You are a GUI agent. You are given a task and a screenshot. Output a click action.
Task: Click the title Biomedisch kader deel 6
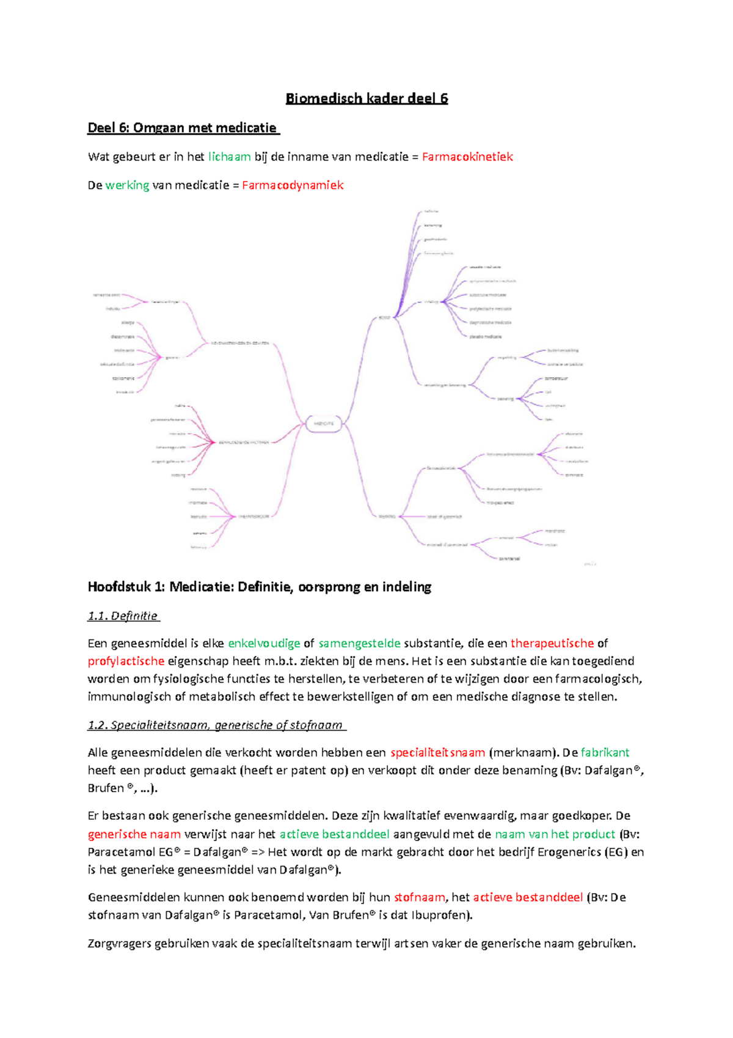click(366, 98)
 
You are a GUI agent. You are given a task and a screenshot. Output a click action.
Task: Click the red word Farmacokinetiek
click(467, 157)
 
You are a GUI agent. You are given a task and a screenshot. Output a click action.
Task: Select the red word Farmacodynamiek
click(293, 185)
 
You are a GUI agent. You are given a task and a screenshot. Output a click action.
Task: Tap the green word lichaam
click(229, 157)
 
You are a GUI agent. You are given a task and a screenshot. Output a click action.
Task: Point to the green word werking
click(127, 185)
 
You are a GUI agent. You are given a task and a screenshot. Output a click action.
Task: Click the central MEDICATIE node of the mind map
click(324, 423)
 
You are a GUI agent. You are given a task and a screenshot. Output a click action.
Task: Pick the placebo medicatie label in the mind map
click(486, 336)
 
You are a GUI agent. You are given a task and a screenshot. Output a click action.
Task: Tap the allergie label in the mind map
click(128, 323)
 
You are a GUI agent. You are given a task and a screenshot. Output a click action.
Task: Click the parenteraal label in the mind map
click(509, 558)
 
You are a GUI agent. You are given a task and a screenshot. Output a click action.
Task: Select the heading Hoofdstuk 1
click(260, 587)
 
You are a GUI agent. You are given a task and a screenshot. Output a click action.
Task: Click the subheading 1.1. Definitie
click(123, 616)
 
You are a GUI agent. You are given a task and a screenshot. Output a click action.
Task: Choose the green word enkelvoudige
click(264, 643)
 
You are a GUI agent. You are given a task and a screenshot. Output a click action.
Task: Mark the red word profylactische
click(126, 661)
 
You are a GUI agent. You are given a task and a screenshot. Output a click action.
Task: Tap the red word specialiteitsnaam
click(438, 753)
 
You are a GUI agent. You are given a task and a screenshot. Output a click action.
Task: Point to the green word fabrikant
click(605, 753)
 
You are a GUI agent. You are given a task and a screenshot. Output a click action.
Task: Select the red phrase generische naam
click(134, 834)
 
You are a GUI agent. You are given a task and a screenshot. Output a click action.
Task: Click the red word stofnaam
click(420, 897)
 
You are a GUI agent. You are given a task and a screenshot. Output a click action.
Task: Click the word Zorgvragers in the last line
click(120, 943)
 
